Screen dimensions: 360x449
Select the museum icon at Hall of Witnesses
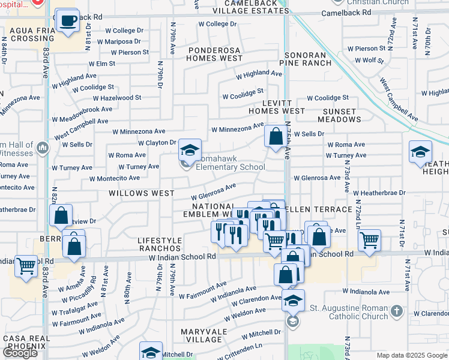[42, 148]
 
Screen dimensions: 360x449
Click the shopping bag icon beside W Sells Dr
[276, 137]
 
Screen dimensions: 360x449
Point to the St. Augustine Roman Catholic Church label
[348, 313]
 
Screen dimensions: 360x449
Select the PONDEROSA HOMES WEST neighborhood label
[214, 54]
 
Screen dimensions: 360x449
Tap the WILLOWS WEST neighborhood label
[141, 194]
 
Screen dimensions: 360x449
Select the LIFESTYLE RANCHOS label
[160, 244]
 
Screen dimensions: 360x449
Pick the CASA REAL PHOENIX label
[25, 343]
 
